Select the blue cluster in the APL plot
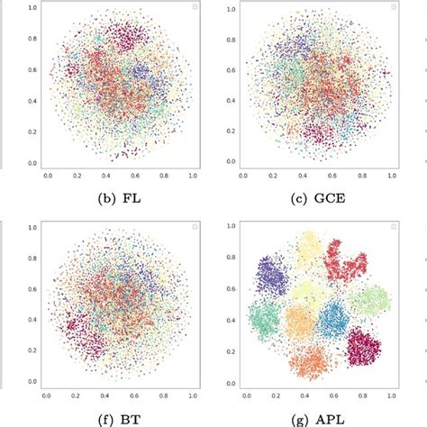(x=334, y=318)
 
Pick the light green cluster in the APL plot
(x=369, y=301)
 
